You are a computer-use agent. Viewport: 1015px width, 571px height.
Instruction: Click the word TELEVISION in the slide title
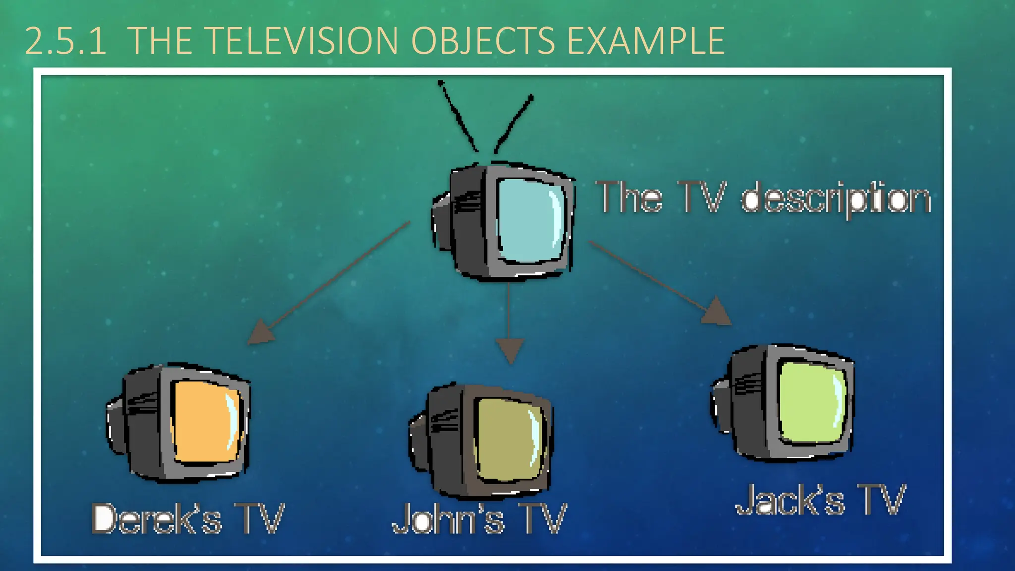click(x=300, y=41)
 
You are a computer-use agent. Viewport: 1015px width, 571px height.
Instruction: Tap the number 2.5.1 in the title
click(x=65, y=42)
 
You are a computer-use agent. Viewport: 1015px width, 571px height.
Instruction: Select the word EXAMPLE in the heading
click(x=646, y=41)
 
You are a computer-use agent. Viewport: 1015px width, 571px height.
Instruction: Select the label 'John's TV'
click(x=479, y=519)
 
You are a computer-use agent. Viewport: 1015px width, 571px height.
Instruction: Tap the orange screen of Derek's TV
click(x=206, y=421)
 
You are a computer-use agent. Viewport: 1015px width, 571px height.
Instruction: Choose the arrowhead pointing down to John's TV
click(x=509, y=349)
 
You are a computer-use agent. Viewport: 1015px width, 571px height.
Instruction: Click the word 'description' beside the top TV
click(x=836, y=198)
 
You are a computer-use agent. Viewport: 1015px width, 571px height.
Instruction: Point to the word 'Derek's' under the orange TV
click(x=157, y=519)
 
